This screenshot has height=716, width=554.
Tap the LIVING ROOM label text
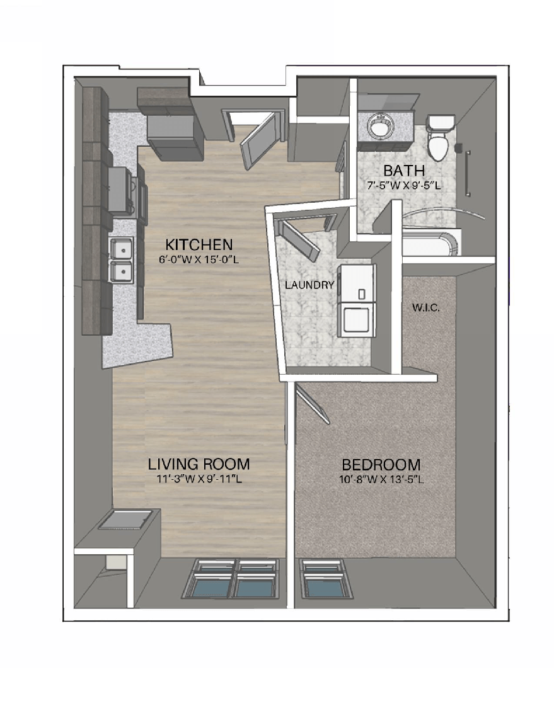point(199,465)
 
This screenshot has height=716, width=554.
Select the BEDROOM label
point(381,465)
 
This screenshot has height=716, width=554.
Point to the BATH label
point(404,171)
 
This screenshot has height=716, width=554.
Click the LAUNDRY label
point(309,285)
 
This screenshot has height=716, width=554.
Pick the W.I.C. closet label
point(427,309)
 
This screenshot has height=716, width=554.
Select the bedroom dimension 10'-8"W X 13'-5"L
point(381,479)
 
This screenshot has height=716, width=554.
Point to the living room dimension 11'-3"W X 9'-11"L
point(199,479)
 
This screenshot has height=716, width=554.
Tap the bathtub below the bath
point(429,242)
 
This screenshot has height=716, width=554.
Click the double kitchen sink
point(121,259)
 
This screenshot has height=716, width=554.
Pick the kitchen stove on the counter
point(121,189)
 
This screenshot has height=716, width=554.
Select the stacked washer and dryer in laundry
point(357,300)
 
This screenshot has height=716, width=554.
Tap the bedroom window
point(324,579)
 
